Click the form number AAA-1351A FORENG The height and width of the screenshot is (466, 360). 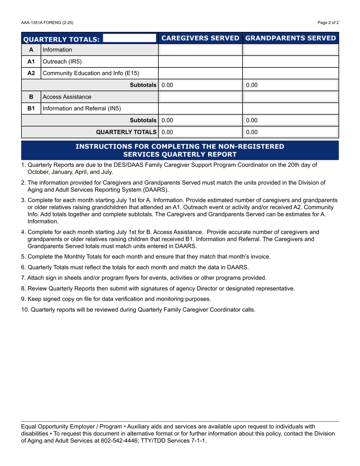[x=47, y=23]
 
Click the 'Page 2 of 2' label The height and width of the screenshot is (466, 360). [x=328, y=23]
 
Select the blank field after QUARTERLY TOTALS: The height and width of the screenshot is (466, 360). [x=129, y=38]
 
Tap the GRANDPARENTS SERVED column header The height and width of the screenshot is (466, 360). [x=291, y=38]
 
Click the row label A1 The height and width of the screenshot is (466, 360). [x=31, y=61]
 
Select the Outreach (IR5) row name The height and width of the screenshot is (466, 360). [x=62, y=61]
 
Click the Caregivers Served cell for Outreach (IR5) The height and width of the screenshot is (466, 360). [x=200, y=61]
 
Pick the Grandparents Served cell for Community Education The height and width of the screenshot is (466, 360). [x=290, y=73]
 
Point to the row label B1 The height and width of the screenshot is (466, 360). [x=31, y=109]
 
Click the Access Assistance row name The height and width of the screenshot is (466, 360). [x=67, y=97]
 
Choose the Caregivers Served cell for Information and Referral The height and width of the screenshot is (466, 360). [x=200, y=109]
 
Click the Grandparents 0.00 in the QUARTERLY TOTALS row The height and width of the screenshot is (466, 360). [x=252, y=132]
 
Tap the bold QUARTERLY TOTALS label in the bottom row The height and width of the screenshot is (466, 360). [x=127, y=132]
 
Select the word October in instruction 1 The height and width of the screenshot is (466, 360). [x=39, y=172]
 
